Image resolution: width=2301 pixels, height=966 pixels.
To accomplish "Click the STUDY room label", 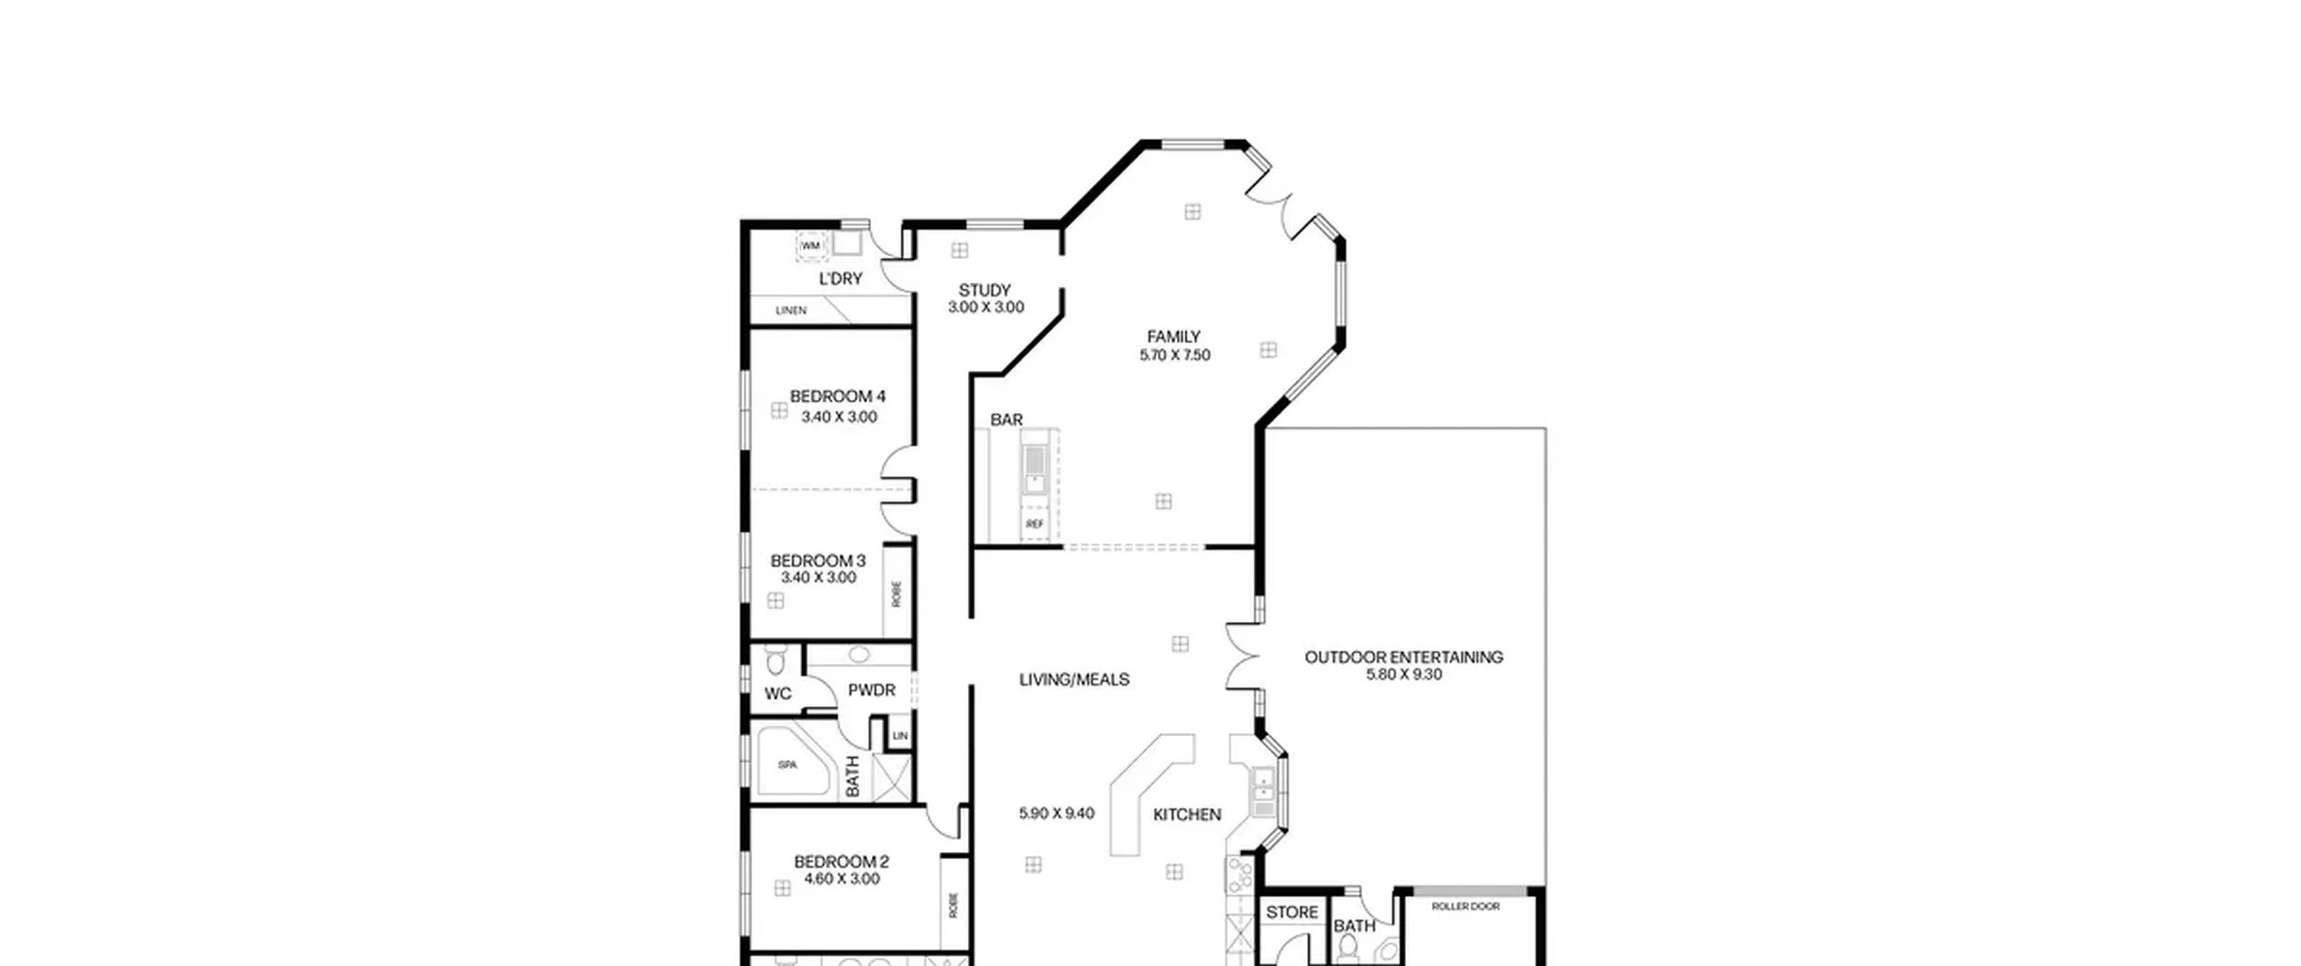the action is click(984, 290).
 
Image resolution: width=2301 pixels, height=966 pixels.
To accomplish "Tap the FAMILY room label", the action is click(1173, 337).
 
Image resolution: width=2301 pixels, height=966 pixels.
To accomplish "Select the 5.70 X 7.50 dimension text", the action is click(1175, 355).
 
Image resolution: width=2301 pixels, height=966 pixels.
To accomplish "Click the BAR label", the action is click(1007, 420).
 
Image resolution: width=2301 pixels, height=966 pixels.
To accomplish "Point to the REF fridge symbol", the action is click(1035, 523).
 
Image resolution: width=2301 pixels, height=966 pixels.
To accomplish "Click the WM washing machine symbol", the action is click(811, 245).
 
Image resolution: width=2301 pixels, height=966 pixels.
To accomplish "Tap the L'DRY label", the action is click(840, 279).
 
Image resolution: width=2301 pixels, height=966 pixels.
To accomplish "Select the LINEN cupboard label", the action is click(791, 310).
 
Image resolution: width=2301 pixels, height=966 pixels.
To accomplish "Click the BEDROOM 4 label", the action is click(838, 396).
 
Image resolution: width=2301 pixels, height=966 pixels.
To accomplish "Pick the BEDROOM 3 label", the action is click(818, 561).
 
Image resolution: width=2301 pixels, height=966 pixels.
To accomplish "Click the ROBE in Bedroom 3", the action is click(896, 593).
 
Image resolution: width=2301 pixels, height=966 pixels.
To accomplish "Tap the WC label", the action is click(778, 694).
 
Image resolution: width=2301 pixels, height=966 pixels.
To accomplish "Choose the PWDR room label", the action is click(872, 690).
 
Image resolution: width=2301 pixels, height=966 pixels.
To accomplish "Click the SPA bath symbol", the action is click(787, 765).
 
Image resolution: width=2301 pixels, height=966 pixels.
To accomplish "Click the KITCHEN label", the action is click(1187, 814).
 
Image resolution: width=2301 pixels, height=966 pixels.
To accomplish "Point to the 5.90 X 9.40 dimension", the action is click(1057, 813).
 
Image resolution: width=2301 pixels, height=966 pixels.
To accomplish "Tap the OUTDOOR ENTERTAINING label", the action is click(1404, 657).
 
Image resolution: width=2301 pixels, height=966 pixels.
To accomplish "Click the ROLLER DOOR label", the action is click(1466, 907).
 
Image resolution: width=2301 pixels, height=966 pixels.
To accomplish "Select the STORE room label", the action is click(1293, 912).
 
